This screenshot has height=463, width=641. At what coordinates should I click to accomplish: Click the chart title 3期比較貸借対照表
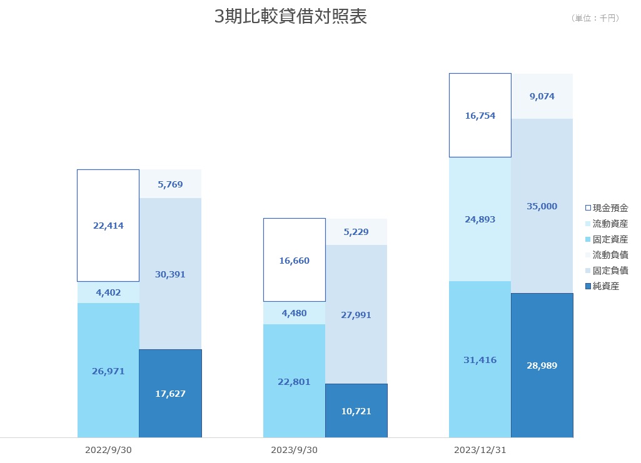pyautogui.click(x=291, y=16)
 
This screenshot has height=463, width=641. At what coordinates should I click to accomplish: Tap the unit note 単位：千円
pyautogui.click(x=595, y=18)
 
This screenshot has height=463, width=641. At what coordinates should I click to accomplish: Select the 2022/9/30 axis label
pyautogui.click(x=108, y=450)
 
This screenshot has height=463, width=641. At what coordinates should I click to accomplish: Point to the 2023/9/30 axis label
pyautogui.click(x=295, y=450)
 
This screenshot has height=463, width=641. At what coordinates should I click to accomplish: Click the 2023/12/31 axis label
pyautogui.click(x=480, y=450)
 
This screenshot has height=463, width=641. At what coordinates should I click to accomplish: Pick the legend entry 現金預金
pyautogui.click(x=607, y=208)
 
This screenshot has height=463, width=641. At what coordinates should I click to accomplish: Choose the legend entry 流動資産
pyautogui.click(x=607, y=223)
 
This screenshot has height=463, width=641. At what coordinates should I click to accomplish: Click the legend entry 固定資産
pyautogui.click(x=607, y=239)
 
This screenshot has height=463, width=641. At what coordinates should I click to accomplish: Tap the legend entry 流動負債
pyautogui.click(x=607, y=255)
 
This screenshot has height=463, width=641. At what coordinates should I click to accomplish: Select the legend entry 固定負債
pyautogui.click(x=607, y=271)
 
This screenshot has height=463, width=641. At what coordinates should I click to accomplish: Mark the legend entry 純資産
pyautogui.click(x=602, y=286)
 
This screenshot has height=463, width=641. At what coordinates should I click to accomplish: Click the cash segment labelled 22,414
pyautogui.click(x=108, y=226)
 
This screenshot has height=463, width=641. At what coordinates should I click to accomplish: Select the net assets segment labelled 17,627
pyautogui.click(x=171, y=393)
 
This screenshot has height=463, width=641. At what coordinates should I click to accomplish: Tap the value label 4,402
pyautogui.click(x=108, y=292)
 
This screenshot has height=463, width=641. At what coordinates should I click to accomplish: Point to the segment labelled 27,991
pyautogui.click(x=356, y=314)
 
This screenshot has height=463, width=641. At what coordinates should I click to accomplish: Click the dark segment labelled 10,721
pyautogui.click(x=356, y=411)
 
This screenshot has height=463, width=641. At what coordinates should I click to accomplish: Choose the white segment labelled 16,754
pyautogui.click(x=480, y=115)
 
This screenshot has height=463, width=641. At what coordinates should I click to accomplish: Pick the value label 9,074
pyautogui.click(x=542, y=96)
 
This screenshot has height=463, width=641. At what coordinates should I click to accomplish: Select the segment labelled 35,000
pyautogui.click(x=542, y=206)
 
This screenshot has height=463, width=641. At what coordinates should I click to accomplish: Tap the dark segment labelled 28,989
pyautogui.click(x=542, y=365)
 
